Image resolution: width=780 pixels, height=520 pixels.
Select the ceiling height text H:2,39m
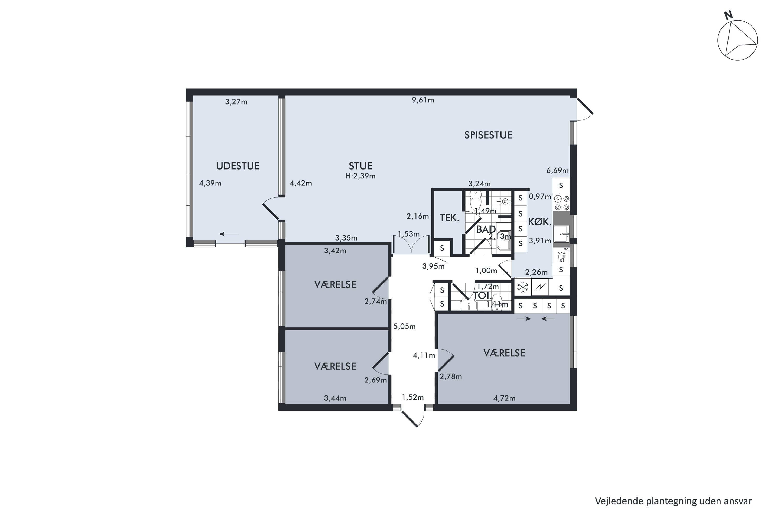pos(360,176)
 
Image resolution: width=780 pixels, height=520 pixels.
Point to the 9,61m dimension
pos(423,100)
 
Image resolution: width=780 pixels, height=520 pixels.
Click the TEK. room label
pos(449,218)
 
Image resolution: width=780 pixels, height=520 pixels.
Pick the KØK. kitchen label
pos(539,222)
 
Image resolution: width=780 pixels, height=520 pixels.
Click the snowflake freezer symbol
pos(523,287)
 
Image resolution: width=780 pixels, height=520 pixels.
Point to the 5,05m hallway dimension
pos(404,326)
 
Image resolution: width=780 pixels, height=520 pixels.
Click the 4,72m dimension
pos(504,398)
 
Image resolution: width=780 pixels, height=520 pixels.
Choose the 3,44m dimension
pos(335,398)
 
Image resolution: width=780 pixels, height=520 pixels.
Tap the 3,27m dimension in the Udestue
pos(236,102)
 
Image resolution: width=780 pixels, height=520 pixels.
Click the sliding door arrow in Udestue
pos(229,234)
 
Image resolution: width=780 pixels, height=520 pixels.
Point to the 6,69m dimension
pos(557,171)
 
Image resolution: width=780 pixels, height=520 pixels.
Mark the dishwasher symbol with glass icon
pos(561,256)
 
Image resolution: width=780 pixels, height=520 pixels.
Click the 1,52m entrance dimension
pos(413,397)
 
